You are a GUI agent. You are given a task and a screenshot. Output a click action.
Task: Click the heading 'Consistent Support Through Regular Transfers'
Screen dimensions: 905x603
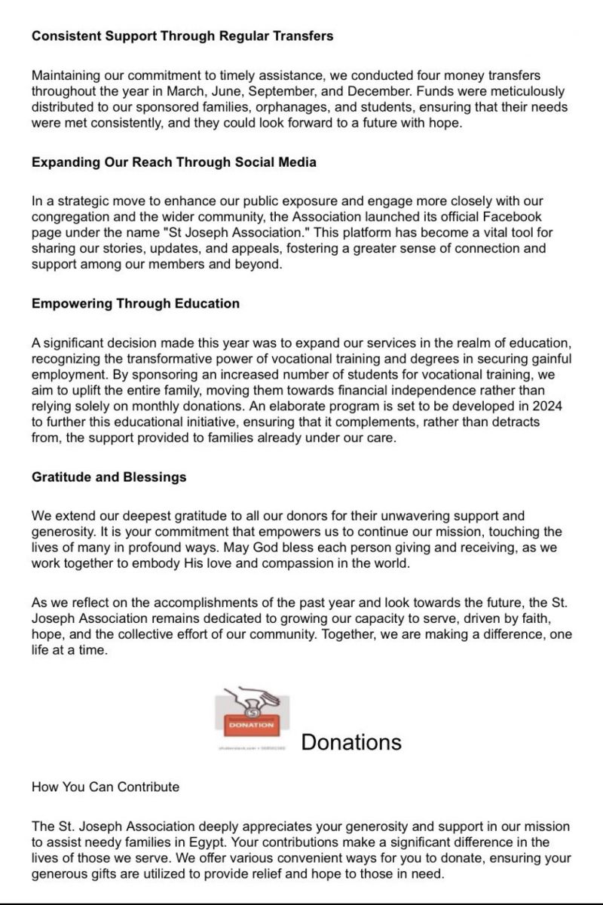[x=182, y=36]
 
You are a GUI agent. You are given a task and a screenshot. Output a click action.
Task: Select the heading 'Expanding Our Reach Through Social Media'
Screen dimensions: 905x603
[x=174, y=162]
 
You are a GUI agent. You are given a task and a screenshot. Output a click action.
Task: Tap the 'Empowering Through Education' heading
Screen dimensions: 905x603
[x=136, y=303]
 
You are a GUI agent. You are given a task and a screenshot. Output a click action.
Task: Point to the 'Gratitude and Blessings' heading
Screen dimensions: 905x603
[x=109, y=477]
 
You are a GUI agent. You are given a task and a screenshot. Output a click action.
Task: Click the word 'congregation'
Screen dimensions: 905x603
[x=66, y=216]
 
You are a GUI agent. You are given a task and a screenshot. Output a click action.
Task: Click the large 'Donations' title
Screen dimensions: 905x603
[x=351, y=742]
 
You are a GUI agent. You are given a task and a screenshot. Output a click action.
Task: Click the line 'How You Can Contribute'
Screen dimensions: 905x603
[x=106, y=787]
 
